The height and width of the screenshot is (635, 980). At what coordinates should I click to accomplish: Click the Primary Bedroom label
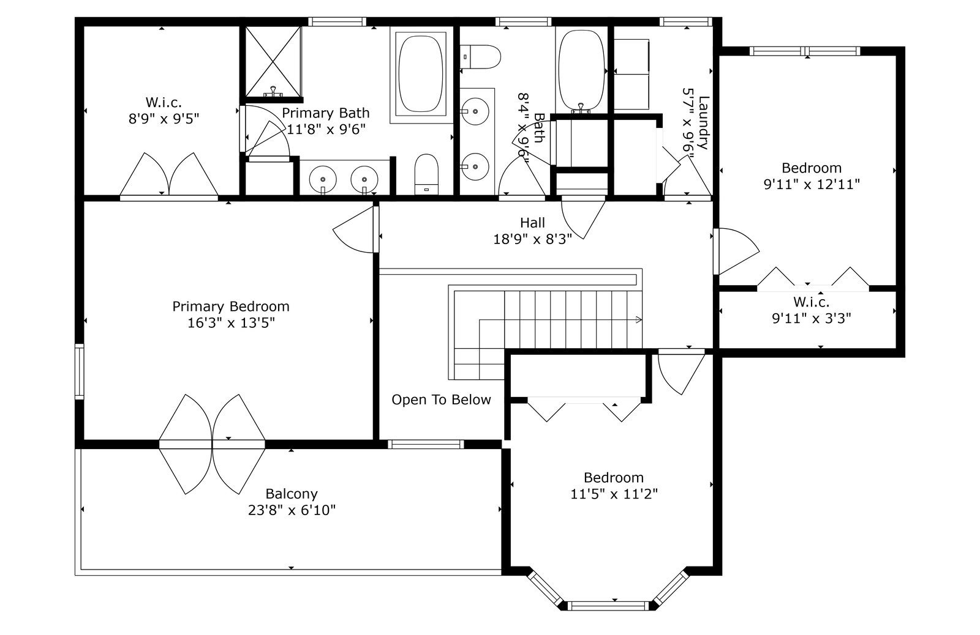[230, 306]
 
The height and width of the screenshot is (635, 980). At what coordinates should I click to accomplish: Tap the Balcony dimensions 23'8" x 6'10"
[292, 510]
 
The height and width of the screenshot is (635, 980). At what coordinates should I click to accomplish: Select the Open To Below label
[441, 399]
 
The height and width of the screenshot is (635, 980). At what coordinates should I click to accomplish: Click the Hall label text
[532, 223]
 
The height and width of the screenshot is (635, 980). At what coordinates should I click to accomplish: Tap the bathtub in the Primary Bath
[421, 73]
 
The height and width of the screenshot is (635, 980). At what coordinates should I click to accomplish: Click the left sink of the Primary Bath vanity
[323, 179]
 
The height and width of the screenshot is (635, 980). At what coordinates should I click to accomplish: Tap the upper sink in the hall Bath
[474, 111]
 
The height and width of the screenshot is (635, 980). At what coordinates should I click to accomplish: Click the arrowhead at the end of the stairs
[639, 319]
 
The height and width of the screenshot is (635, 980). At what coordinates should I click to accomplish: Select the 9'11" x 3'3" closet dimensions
[811, 318]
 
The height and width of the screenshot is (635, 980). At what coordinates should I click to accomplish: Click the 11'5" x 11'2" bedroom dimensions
[614, 494]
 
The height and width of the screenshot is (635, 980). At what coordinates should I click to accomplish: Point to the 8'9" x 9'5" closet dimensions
[164, 118]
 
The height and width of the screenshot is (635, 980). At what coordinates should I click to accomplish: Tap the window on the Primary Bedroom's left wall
[79, 372]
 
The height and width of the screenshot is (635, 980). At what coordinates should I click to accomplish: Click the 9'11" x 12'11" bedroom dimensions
[812, 184]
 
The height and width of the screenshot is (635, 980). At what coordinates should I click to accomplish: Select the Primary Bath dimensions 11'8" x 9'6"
[326, 129]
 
